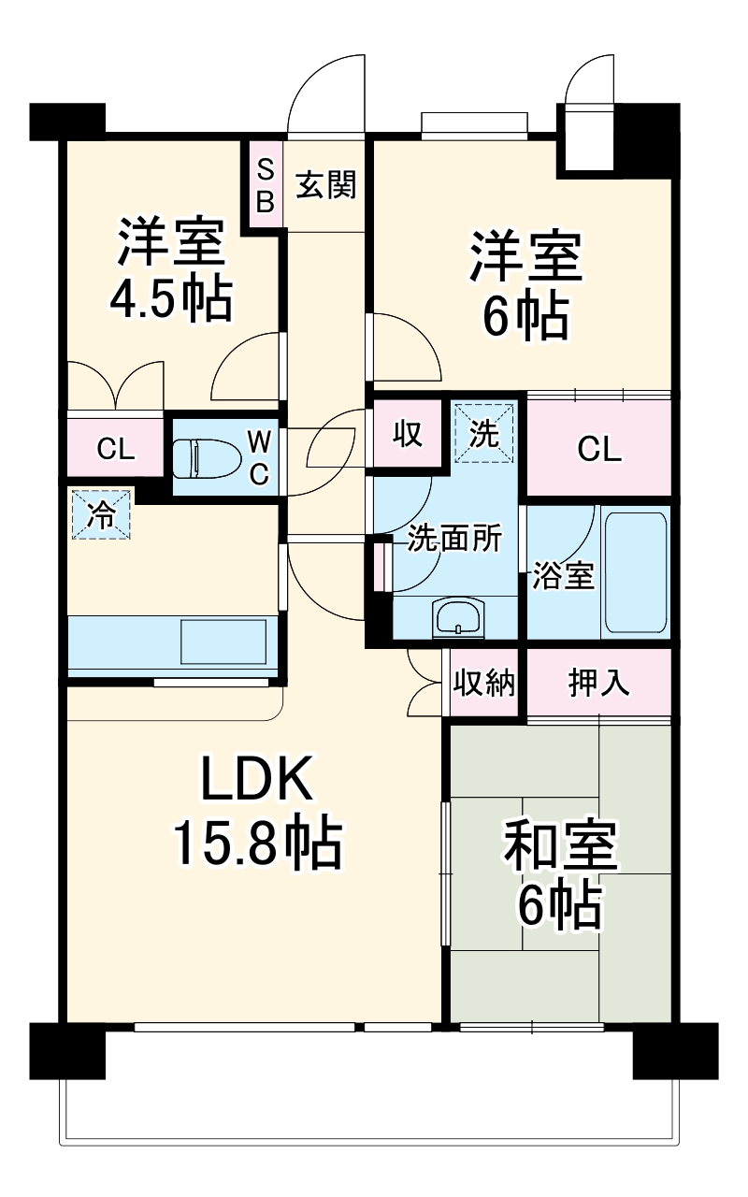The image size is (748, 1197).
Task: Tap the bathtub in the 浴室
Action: pyautogui.click(x=636, y=571)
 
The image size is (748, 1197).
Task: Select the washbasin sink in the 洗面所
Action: pyautogui.click(x=458, y=618)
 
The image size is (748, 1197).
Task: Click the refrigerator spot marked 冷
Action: pyautogui.click(x=101, y=515)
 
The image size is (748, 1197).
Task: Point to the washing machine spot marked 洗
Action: pyautogui.click(x=483, y=432)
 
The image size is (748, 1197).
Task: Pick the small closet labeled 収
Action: pyautogui.click(x=408, y=434)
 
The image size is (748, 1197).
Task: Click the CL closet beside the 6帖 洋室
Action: pyautogui.click(x=599, y=450)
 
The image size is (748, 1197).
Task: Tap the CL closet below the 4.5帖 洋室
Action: pyautogui.click(x=116, y=450)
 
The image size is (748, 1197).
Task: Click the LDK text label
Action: pyautogui.click(x=256, y=778)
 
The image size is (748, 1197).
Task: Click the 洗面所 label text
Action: pyautogui.click(x=454, y=540)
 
